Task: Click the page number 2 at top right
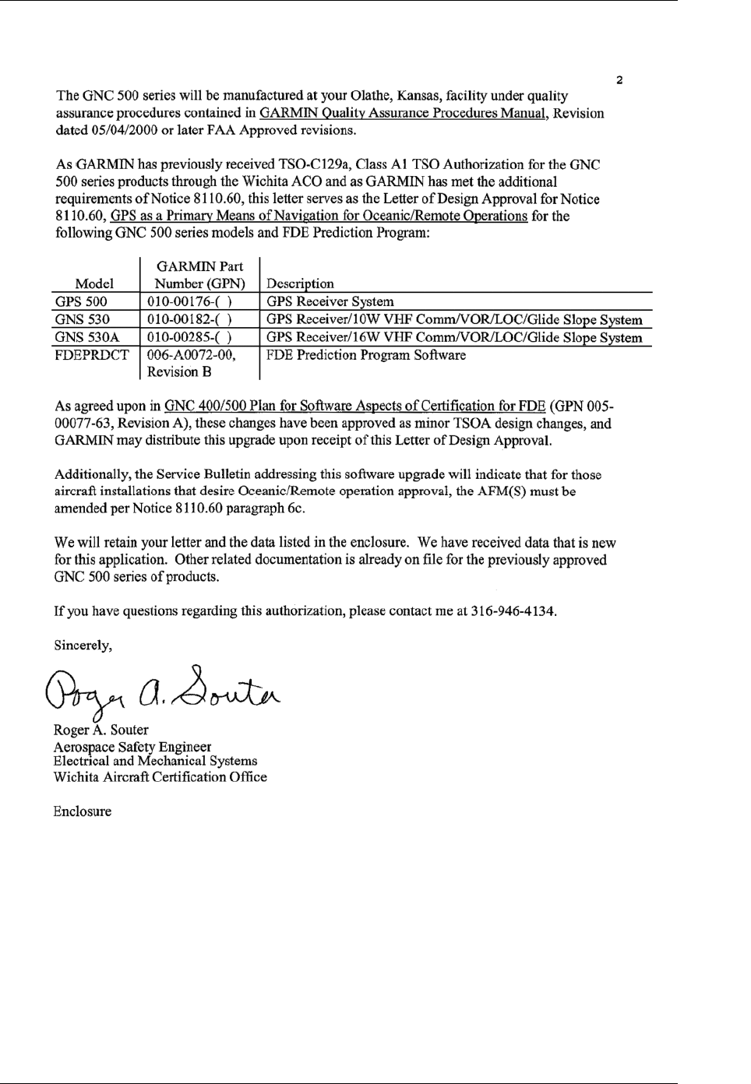pyautogui.click(x=619, y=79)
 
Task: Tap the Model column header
pyautogui.click(x=94, y=284)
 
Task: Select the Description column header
pyautogui.click(x=300, y=284)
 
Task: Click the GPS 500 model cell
pyautogui.click(x=81, y=301)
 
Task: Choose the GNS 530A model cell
pyautogui.click(x=86, y=337)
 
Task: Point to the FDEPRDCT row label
pyautogui.click(x=91, y=355)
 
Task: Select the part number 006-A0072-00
pyautogui.click(x=191, y=355)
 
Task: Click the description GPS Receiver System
pyautogui.click(x=330, y=301)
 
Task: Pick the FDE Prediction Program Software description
pyautogui.click(x=366, y=355)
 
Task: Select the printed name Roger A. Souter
pyautogui.click(x=101, y=730)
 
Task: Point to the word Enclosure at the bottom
pyautogui.click(x=82, y=811)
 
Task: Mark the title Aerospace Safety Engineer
pyautogui.click(x=132, y=746)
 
